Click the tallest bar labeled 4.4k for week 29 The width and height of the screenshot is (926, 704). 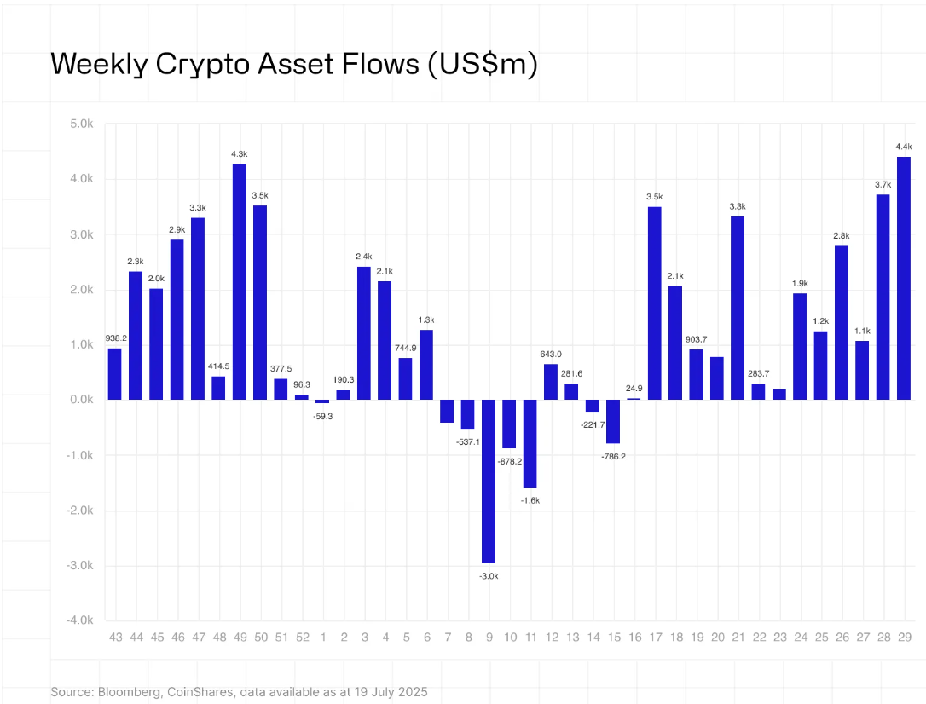(904, 278)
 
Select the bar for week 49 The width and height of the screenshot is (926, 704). (240, 281)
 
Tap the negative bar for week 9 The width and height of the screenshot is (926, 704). (489, 481)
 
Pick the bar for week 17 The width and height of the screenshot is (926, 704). (655, 303)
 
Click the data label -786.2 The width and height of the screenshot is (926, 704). (614, 456)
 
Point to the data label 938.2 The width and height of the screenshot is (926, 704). (114, 338)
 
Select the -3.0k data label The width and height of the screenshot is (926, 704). (489, 576)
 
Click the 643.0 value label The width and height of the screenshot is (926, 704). (551, 354)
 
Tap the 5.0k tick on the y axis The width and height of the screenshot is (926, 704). (82, 124)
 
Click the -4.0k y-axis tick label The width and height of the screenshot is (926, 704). (80, 620)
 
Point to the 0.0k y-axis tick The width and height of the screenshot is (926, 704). (82, 400)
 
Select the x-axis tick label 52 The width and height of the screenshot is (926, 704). (302, 638)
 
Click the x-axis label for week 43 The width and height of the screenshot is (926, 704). (115, 638)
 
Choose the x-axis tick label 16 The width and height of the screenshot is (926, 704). (634, 638)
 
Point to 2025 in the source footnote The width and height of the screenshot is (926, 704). (413, 692)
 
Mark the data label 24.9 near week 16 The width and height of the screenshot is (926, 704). (634, 389)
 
